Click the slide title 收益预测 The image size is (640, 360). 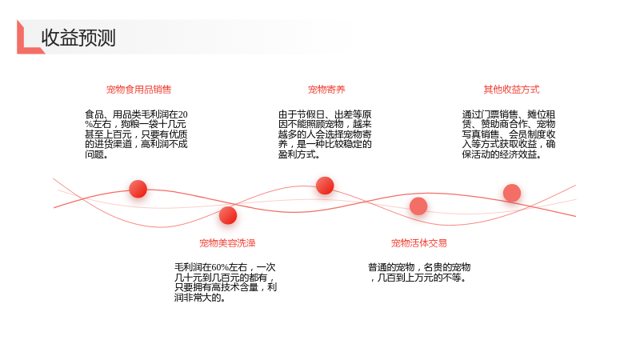click(78, 38)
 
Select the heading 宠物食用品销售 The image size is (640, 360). click(138, 90)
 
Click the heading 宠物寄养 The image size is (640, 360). click(326, 90)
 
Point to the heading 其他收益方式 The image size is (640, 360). click(511, 90)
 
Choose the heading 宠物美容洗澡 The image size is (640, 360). click(227, 243)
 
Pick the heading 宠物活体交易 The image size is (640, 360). click(418, 243)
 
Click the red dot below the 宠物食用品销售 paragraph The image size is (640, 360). click(138, 189)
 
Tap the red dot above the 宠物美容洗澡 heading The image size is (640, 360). click(228, 215)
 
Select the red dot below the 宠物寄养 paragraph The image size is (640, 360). click(325, 186)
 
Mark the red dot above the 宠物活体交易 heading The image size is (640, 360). click(418, 206)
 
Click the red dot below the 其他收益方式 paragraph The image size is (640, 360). click(512, 193)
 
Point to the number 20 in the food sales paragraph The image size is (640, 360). click(183, 114)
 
